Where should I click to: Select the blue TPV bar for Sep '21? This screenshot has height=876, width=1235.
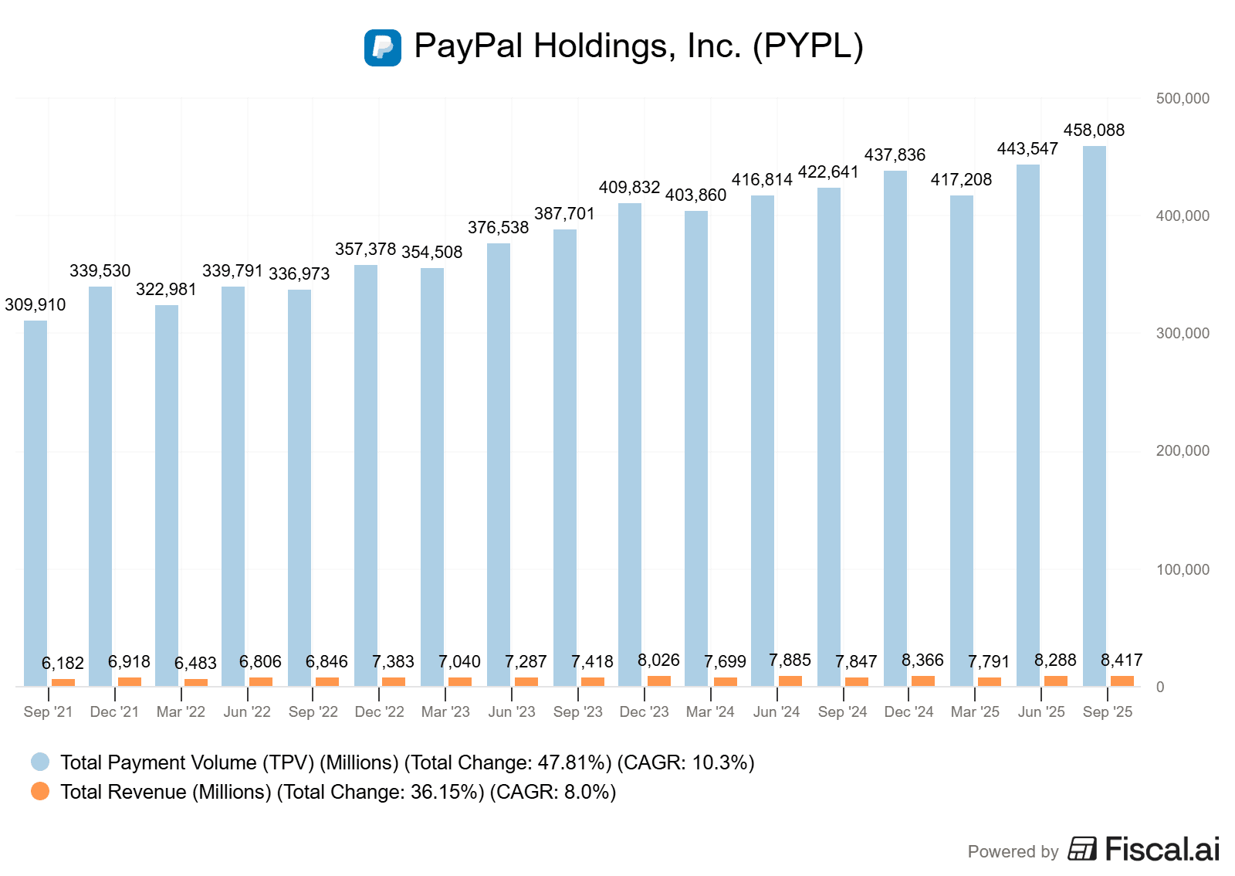[36, 503]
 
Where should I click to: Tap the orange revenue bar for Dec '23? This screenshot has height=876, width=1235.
[658, 681]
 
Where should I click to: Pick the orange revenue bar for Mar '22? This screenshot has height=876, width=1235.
[196, 682]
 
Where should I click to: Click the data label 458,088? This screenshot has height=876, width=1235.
[1094, 131]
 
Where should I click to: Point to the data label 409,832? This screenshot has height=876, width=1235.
[629, 188]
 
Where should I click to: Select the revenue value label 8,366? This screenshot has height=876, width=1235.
[922, 660]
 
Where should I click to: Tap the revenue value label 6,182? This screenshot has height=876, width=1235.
[63, 664]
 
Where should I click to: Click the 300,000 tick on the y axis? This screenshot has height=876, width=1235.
[1182, 334]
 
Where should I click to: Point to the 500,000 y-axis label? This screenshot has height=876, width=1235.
[1182, 99]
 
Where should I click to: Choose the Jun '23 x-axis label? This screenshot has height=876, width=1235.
[512, 712]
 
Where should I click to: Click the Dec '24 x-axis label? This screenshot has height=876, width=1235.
[908, 712]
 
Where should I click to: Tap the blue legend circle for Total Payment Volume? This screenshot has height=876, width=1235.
[40, 762]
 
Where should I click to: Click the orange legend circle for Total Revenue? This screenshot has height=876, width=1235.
[40, 792]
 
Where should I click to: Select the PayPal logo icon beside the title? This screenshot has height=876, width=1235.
[383, 48]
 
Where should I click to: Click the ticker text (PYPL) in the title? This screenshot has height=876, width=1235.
[807, 46]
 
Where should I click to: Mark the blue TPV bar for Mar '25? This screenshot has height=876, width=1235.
[961, 440]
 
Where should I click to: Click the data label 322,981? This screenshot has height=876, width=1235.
[166, 290]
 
